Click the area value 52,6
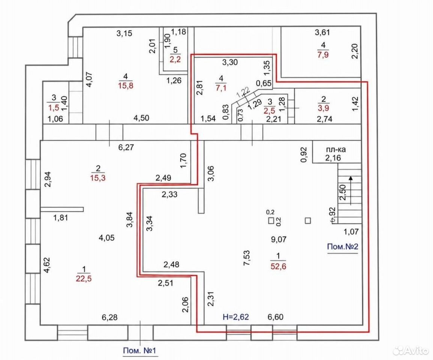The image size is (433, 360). tap(278, 266)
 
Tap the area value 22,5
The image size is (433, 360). tap(84, 279)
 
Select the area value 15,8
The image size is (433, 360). tap(126, 85)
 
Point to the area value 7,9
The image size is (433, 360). tap(323, 54)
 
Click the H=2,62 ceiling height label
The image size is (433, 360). tap(236, 316)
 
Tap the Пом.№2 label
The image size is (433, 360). tap(342, 246)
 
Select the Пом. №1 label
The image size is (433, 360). tap(139, 351)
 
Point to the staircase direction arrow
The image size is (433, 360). tap(351, 190)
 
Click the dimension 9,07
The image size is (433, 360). tap(279, 239)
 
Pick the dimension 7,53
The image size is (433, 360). tap(247, 258)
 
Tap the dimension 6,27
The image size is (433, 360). tap(126, 147)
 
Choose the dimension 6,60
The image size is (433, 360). tap(275, 316)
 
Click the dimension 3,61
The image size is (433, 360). tap(322, 32)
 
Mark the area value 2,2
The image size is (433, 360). tap(175, 59)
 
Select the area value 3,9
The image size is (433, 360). tap(324, 108)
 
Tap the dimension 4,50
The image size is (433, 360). tap(141, 118)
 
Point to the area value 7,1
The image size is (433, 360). tap(221, 88)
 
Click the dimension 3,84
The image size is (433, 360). tap(129, 219)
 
